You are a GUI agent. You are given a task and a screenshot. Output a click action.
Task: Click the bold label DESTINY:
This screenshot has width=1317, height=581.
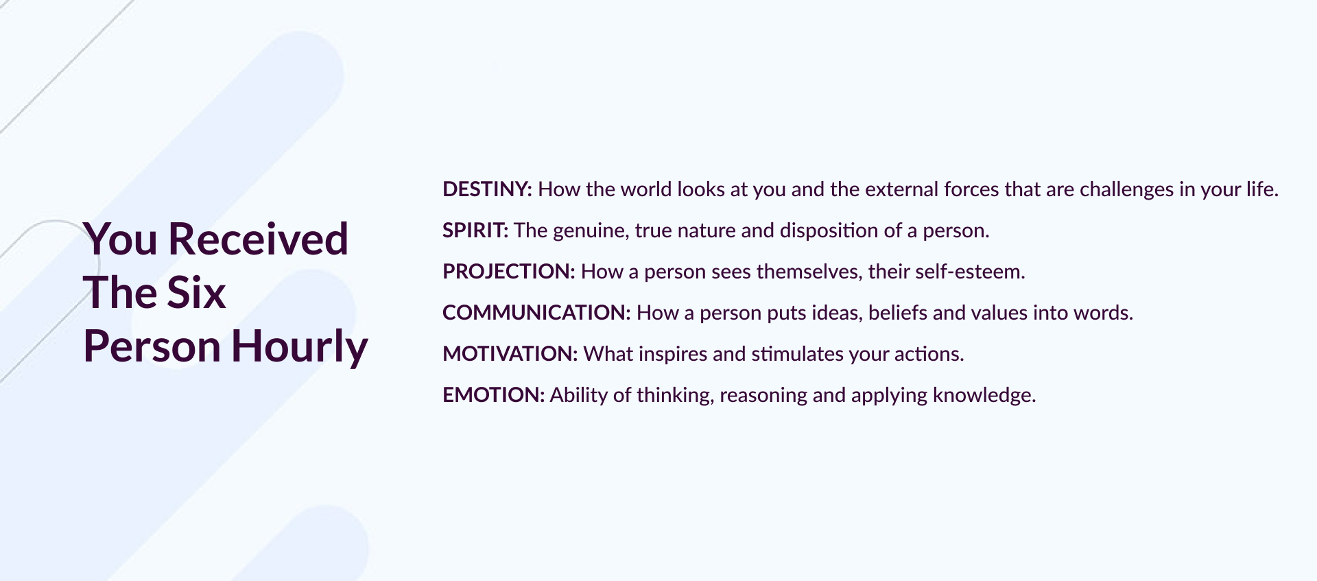pos(487,189)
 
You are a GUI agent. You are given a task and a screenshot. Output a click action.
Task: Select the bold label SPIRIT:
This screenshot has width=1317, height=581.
pos(475,230)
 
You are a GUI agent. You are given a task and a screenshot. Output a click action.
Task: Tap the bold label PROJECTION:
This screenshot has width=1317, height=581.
pos(509,272)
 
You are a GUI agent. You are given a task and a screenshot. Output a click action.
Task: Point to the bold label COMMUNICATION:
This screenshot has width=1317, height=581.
pos(536,313)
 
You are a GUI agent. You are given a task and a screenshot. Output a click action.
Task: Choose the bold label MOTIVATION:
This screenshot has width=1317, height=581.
pos(510,354)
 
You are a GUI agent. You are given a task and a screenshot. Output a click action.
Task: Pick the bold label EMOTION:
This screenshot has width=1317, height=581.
pos(493,395)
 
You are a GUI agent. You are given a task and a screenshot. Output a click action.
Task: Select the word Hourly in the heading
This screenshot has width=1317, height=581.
pos(300,347)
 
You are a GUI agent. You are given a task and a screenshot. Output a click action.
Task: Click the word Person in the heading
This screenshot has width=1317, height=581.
pos(152,346)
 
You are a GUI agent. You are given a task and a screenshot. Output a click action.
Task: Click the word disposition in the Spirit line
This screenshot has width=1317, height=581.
pos(829,231)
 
